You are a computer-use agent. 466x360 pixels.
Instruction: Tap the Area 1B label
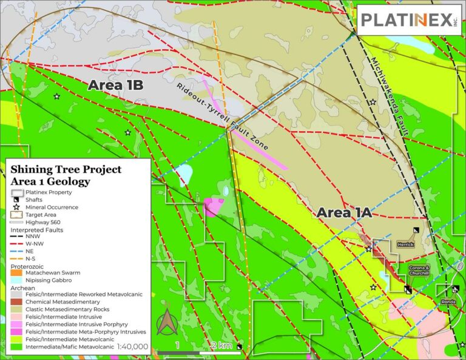115,85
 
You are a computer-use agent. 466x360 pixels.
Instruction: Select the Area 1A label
343,212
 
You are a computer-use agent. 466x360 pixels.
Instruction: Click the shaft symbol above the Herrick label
416,230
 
